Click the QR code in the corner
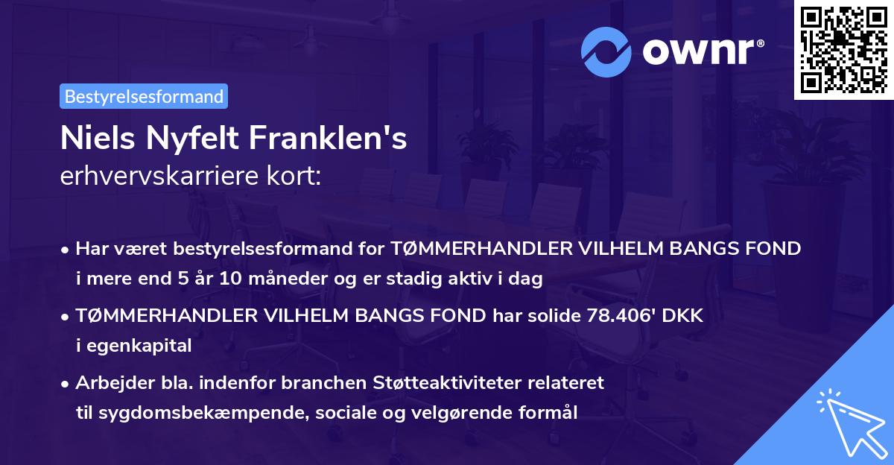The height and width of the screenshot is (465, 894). (x=843, y=50)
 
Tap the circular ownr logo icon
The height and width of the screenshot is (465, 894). (x=607, y=51)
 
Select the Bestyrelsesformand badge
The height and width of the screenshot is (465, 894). (x=144, y=96)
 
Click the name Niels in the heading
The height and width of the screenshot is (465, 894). (x=96, y=139)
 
